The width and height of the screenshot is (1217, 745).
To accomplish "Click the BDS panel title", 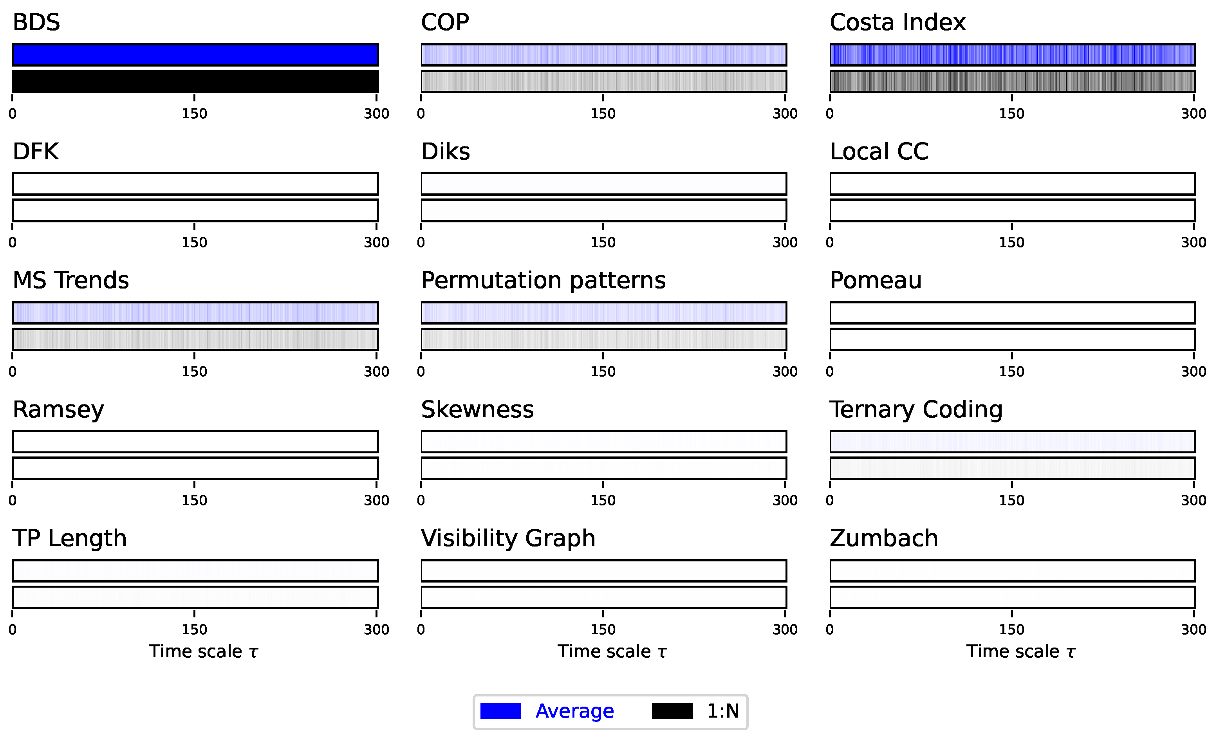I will (x=36, y=22).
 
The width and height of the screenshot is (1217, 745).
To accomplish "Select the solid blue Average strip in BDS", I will (x=195, y=54).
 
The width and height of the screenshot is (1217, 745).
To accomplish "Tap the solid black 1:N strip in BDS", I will (x=195, y=81).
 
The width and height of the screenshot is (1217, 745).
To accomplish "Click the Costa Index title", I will (x=897, y=22).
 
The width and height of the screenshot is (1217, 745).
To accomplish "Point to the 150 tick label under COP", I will (x=603, y=114).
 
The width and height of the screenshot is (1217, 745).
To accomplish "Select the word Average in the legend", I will (x=574, y=711).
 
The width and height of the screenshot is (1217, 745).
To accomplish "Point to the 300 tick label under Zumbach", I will (x=1193, y=630).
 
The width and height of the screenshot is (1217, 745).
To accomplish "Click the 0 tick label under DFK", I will (x=13, y=242).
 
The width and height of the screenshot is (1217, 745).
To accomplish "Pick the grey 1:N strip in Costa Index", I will (x=1012, y=81).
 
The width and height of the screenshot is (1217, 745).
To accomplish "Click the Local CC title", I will (x=879, y=152).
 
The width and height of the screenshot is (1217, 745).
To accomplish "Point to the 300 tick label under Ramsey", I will (x=376, y=501).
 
